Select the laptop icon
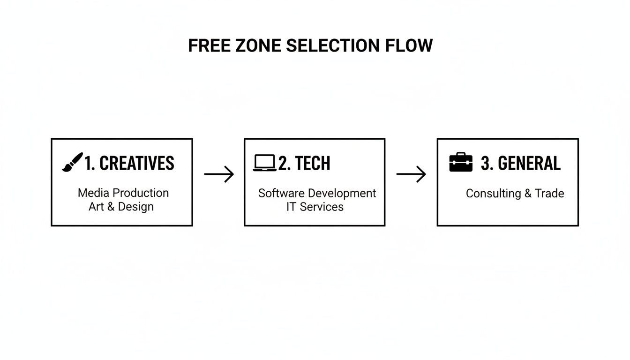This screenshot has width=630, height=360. click(264, 163)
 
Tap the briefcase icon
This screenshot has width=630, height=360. click(461, 162)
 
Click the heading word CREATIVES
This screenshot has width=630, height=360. click(137, 163)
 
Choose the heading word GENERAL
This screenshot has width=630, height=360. click(529, 163)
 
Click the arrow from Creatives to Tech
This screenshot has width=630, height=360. click(219, 174)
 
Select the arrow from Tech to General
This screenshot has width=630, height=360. click(411, 174)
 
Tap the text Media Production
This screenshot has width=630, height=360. click(123, 193)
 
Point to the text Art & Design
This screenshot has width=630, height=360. click(121, 207)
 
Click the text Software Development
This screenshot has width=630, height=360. click(317, 193)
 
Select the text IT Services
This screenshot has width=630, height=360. click(315, 207)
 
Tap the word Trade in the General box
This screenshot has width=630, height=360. click(550, 194)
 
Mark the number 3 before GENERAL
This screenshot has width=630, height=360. click(485, 163)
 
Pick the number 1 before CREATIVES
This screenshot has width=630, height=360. click(88, 163)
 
